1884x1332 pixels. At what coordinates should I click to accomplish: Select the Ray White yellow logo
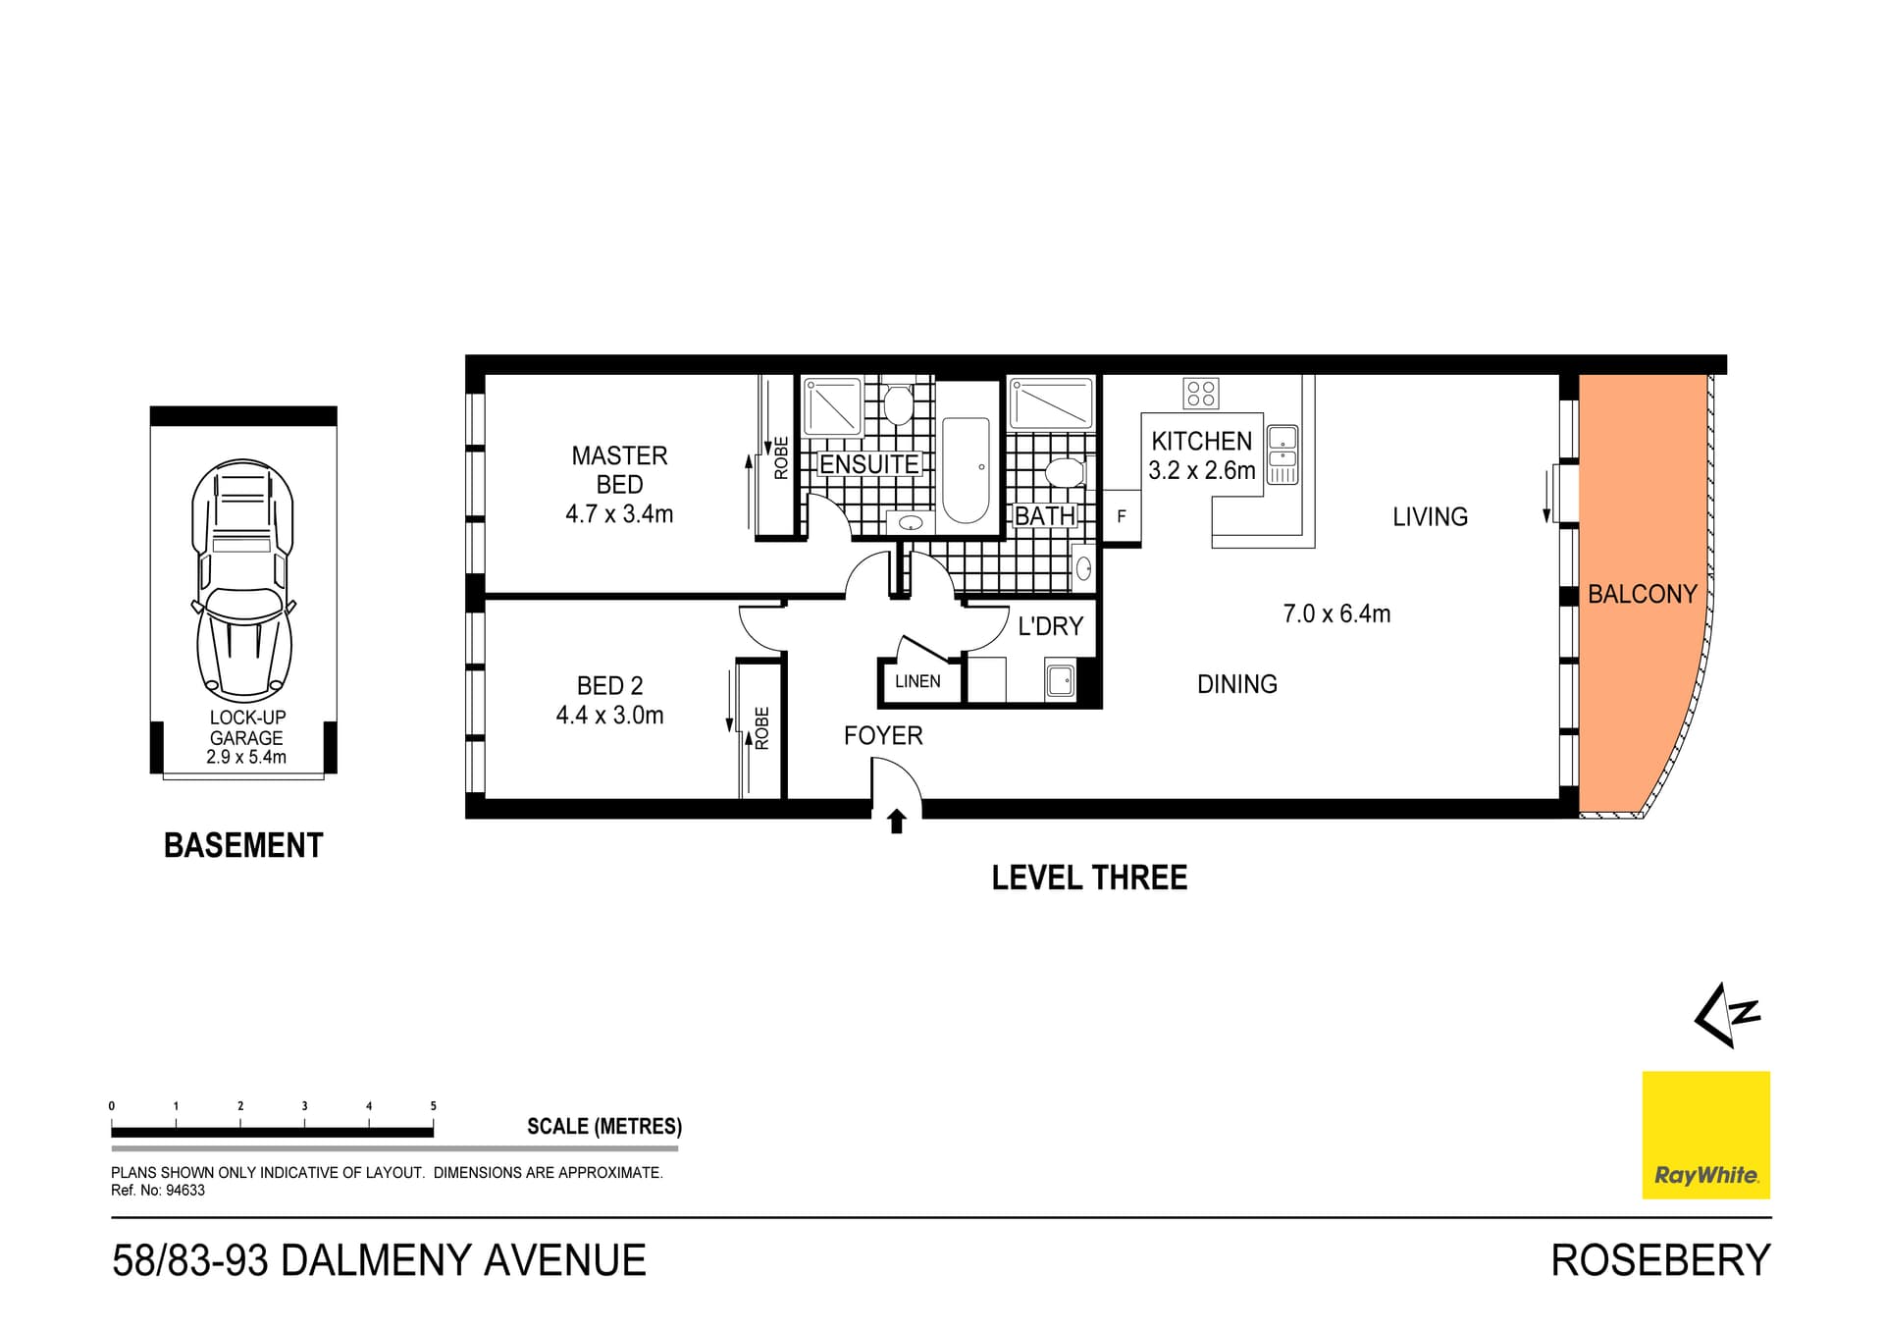pyautogui.click(x=1706, y=1135)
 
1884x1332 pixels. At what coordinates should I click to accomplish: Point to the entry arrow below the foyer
pyautogui.click(x=896, y=822)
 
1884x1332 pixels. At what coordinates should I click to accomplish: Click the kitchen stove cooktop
pyautogui.click(x=1201, y=394)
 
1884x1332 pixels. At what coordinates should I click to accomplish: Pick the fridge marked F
pyautogui.click(x=1122, y=516)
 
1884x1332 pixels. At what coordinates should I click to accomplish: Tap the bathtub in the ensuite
pyautogui.click(x=966, y=471)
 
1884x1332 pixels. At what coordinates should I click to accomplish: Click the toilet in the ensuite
pyautogui.click(x=898, y=402)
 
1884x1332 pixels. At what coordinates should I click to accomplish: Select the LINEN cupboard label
pyautogui.click(x=917, y=681)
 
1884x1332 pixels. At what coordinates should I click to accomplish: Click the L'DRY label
pyautogui.click(x=1050, y=626)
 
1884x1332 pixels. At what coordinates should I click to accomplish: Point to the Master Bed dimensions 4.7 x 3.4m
pyautogui.click(x=619, y=513)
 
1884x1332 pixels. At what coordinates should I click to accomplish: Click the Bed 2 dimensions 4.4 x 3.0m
pyautogui.click(x=609, y=716)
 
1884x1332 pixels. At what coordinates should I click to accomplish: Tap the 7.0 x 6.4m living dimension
pyautogui.click(x=1336, y=613)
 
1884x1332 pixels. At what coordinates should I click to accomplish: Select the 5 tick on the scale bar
pyautogui.click(x=433, y=1106)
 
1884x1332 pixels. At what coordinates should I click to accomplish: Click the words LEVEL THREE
pyautogui.click(x=1089, y=878)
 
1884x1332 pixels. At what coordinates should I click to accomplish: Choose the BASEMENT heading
pyautogui.click(x=243, y=845)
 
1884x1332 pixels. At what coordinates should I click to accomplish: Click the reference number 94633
pyautogui.click(x=183, y=1191)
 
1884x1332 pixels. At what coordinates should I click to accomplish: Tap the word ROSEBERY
pyautogui.click(x=1660, y=1260)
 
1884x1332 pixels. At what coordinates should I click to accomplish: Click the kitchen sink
pyautogui.click(x=1282, y=447)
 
